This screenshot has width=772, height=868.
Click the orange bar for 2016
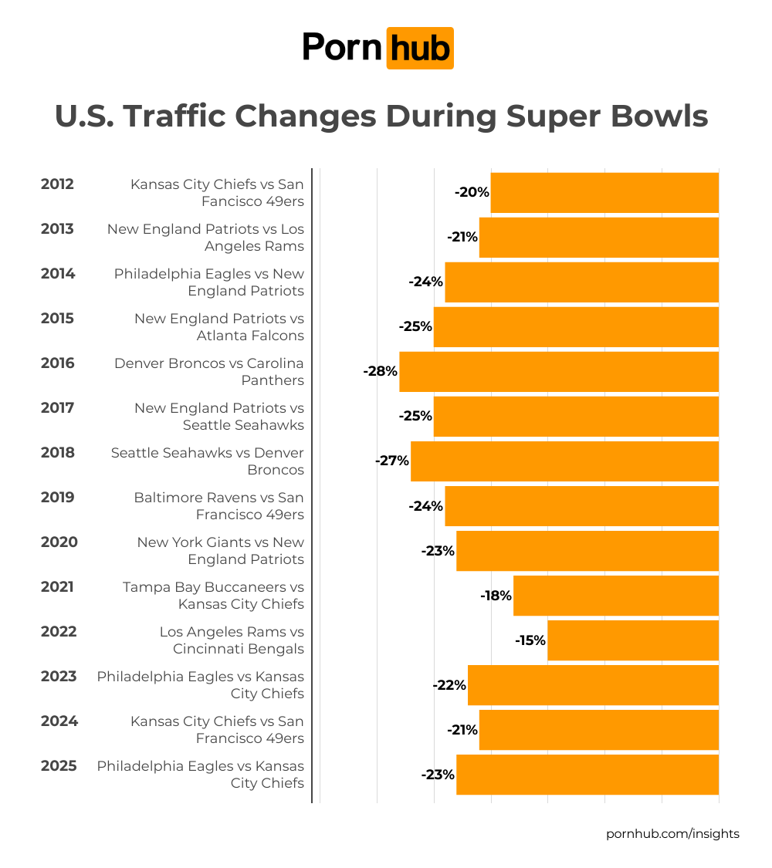(559, 372)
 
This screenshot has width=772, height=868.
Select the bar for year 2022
(633, 640)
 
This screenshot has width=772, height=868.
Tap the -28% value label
(380, 372)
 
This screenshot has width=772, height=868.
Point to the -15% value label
(530, 640)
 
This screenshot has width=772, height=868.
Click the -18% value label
(496, 596)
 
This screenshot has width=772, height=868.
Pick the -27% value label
(391, 461)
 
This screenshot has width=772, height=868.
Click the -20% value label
(472, 193)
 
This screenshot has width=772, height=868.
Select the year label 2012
(57, 184)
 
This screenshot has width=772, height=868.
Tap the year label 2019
(57, 498)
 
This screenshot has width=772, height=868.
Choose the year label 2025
(58, 766)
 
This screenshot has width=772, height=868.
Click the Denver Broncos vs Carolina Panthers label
(209, 372)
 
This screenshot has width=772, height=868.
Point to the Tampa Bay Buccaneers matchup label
(213, 596)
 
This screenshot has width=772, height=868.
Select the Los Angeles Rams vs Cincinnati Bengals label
(232, 640)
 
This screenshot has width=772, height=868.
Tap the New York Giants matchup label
(221, 551)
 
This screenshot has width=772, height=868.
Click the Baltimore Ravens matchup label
(219, 506)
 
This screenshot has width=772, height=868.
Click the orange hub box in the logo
(419, 48)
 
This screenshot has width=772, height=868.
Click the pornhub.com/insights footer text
(672, 834)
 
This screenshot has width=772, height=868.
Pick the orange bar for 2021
(616, 596)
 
